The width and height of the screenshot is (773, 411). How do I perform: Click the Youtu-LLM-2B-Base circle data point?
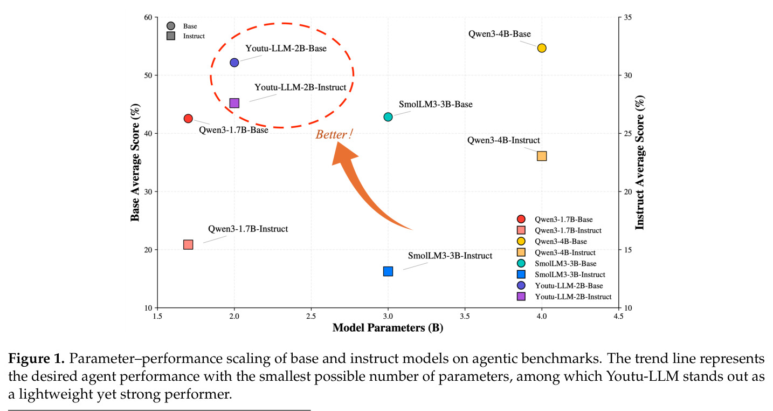click(234, 63)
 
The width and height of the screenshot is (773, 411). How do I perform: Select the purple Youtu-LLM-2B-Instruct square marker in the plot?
click(234, 103)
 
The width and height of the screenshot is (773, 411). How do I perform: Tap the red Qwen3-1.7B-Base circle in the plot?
click(188, 119)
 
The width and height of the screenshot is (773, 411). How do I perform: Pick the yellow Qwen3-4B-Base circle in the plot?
click(542, 48)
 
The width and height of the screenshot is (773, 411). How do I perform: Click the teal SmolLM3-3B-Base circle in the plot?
click(388, 117)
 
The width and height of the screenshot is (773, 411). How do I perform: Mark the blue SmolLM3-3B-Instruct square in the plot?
click(388, 271)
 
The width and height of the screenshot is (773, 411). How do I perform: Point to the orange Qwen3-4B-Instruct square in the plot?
click(542, 156)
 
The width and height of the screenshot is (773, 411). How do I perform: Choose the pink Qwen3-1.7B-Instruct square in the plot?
click(188, 244)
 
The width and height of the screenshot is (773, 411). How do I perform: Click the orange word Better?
click(334, 134)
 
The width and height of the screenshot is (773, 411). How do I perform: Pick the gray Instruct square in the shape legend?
click(171, 36)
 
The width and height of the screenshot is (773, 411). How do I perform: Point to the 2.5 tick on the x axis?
click(311, 316)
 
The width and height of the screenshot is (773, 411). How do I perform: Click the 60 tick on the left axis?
click(148, 17)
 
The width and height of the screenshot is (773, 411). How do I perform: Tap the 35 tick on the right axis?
click(628, 17)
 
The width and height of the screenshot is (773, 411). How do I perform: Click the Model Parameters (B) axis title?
click(388, 328)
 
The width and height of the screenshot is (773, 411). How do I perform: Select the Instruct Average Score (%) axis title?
click(640, 162)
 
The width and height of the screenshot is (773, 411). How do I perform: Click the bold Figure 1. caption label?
click(37, 359)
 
